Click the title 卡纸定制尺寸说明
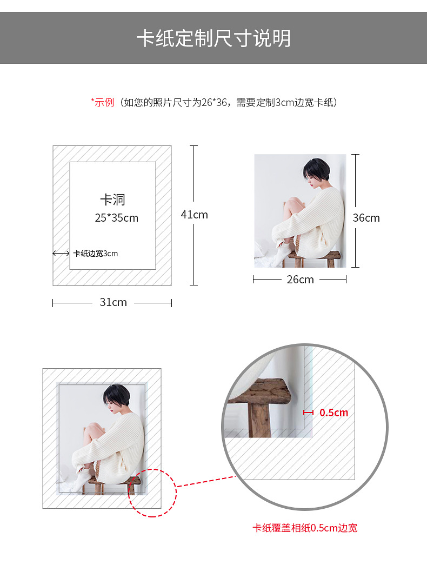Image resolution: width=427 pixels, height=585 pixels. pyautogui.click(x=213, y=38)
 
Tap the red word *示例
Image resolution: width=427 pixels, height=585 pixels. pyautogui.click(x=102, y=102)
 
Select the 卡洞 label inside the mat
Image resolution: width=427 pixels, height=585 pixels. pyautogui.click(x=112, y=200)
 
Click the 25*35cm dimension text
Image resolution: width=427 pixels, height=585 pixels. pyautogui.click(x=116, y=218)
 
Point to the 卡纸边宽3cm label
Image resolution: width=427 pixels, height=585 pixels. pyautogui.click(x=95, y=253)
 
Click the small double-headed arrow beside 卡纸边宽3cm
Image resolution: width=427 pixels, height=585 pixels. pyautogui.click(x=61, y=253)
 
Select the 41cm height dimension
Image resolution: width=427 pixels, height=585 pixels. pyautogui.click(x=194, y=215)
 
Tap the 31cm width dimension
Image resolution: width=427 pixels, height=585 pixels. pyautogui.click(x=113, y=302)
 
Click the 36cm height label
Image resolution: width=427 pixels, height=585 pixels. pyautogui.click(x=366, y=218)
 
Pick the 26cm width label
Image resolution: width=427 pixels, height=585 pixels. pyautogui.click(x=300, y=280)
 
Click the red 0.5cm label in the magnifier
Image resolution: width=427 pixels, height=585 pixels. pyautogui.click(x=333, y=413)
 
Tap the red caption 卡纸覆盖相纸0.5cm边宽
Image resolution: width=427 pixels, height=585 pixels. pyautogui.click(x=305, y=528)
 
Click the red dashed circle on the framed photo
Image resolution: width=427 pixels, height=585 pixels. pyautogui.click(x=152, y=493)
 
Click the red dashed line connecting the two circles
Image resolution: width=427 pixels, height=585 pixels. pyautogui.click(x=205, y=481)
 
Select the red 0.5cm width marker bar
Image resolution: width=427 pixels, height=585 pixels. pyautogui.click(x=308, y=413)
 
